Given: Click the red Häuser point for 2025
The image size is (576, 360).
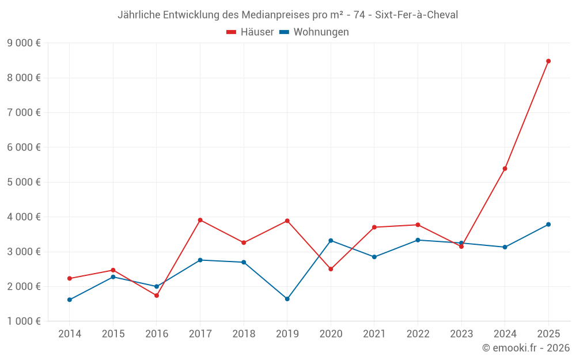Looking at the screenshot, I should coord(548,61).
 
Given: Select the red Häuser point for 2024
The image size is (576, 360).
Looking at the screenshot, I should coord(505,169).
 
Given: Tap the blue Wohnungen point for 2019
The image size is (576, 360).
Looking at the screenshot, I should coord(287,299).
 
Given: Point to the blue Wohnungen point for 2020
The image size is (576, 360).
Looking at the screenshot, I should coord(331,240).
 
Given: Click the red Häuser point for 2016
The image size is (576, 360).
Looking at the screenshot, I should coord(157,295).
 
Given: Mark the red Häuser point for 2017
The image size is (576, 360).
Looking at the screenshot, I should coord(200,220).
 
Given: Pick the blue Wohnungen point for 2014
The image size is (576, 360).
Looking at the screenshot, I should coord(70,300).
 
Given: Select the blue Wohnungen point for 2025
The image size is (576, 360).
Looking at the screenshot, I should coord(548,224).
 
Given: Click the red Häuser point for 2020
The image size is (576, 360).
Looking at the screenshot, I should coord(331,269).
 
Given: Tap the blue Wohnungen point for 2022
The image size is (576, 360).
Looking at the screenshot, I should coord(418,240).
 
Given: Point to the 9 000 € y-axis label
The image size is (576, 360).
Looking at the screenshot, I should coord(24,43).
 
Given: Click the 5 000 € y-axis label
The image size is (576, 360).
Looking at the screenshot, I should coord(24,182).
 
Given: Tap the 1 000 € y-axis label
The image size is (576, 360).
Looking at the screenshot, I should coord(24,321).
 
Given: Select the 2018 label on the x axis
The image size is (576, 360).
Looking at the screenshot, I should coord(244,334).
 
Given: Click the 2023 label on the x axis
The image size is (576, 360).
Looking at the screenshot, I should coord(461,334).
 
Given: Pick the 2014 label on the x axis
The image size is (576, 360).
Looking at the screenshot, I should coord(70,334).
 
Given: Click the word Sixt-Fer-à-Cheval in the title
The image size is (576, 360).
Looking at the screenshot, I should coord(416,15).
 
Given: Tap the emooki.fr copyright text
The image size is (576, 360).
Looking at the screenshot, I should coord(526,348).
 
